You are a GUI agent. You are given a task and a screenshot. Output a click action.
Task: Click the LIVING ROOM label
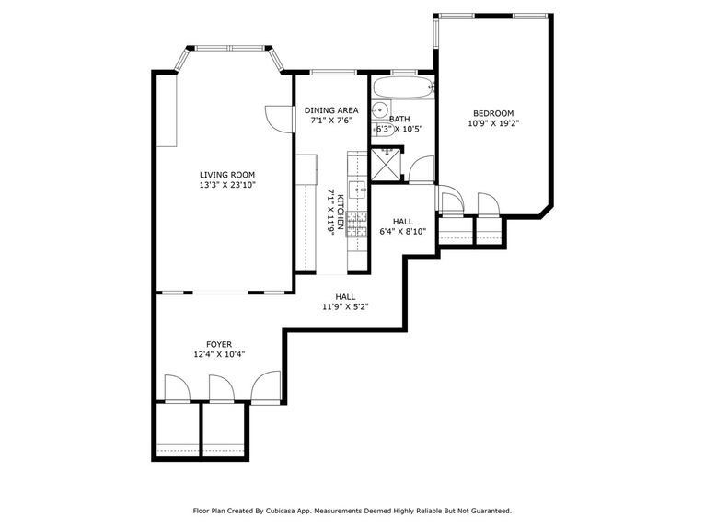(x=227, y=174)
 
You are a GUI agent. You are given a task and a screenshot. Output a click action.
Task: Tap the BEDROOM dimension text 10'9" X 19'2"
(x=493, y=123)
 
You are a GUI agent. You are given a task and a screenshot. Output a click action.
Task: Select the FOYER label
(x=219, y=344)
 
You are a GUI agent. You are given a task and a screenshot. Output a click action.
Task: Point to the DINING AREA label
(x=331, y=110)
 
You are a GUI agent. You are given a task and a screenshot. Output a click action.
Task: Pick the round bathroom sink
(x=378, y=110)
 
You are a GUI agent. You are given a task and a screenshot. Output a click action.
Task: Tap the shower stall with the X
(x=387, y=164)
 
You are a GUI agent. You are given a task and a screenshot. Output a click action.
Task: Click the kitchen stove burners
(x=355, y=222)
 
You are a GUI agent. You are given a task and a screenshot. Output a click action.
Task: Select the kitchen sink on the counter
(x=358, y=190)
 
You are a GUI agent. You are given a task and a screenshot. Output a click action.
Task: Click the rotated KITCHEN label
(x=340, y=212)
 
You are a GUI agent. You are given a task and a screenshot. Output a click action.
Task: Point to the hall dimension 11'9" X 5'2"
(x=345, y=307)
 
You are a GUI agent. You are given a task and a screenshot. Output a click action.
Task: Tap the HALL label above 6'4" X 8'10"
(x=402, y=222)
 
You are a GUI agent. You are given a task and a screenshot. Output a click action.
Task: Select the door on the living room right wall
(x=275, y=115)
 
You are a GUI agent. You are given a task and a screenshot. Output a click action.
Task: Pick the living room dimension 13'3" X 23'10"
(x=227, y=185)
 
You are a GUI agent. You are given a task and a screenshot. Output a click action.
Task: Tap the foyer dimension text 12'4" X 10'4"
(x=219, y=354)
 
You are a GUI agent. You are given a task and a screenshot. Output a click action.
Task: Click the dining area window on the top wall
(x=327, y=72)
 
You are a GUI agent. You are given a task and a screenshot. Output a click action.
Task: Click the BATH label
(x=399, y=119)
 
